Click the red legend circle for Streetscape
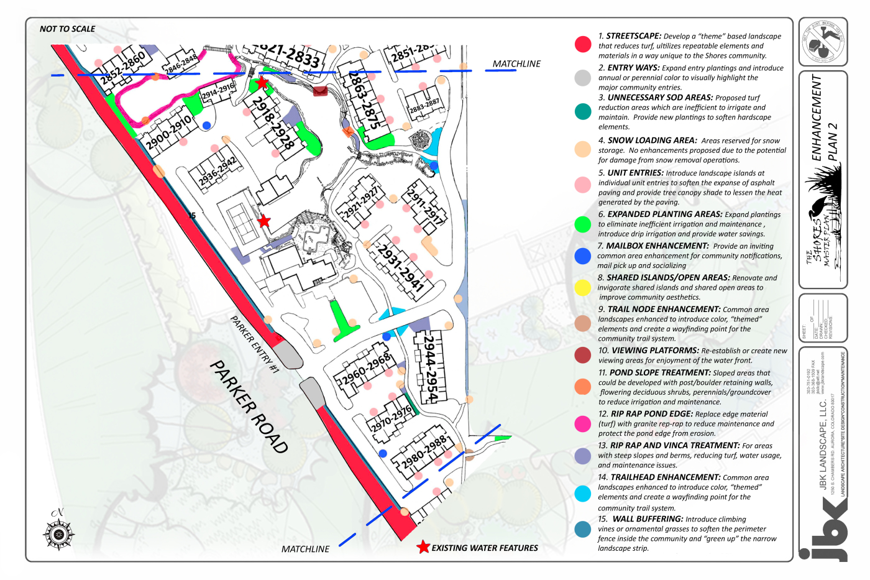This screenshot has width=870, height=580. point(583,44)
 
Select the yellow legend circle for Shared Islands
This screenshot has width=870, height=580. point(583,287)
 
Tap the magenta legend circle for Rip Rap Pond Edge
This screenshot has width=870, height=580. point(583,423)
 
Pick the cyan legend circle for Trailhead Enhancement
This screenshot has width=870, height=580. point(583,494)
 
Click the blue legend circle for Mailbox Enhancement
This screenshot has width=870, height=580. point(583,255)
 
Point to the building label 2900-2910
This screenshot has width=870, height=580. point(168,133)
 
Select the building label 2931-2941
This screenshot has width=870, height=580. point(401,269)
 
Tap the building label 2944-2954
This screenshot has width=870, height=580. point(431,367)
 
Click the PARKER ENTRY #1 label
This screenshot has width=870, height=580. point(255,344)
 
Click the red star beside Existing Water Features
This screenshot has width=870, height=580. point(423,547)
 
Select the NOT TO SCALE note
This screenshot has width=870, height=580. point(67,29)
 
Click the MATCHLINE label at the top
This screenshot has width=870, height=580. point(516,63)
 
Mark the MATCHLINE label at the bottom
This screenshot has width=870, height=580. point(305,549)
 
